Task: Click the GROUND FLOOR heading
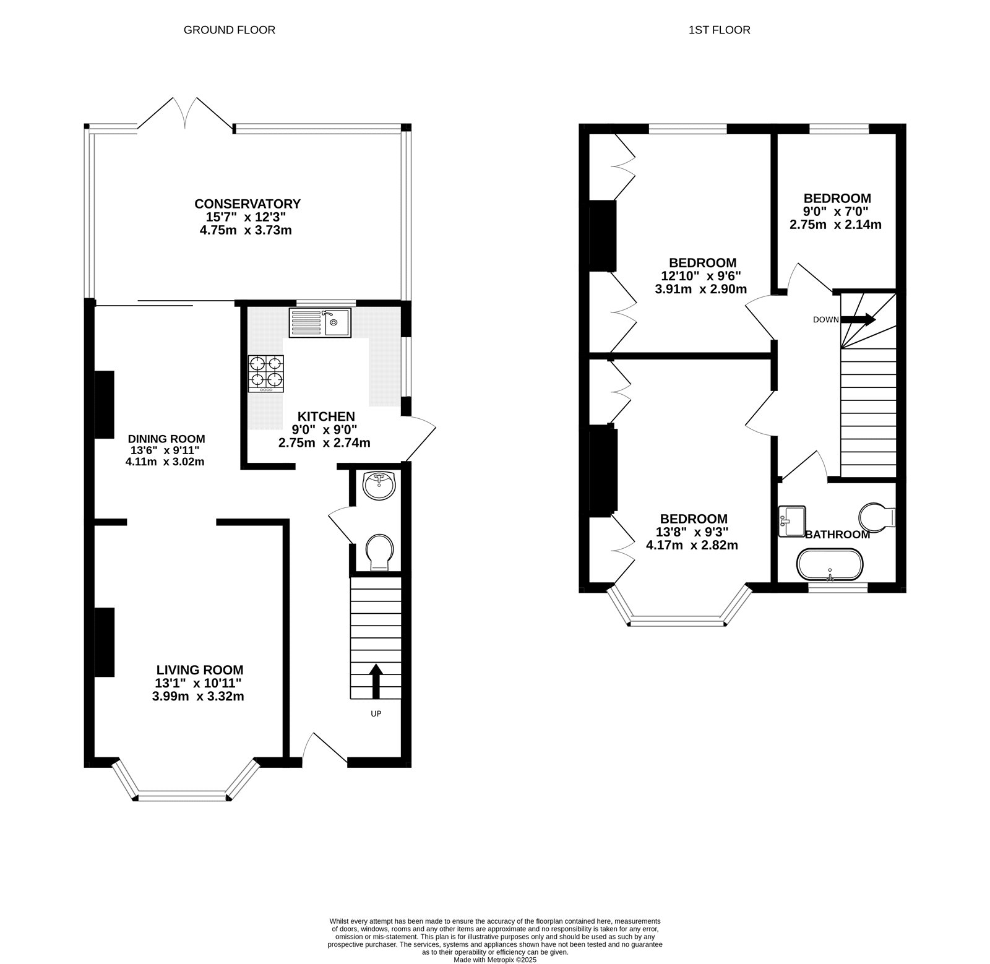click(x=229, y=30)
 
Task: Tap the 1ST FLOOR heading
click(x=719, y=30)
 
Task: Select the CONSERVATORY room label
click(x=247, y=204)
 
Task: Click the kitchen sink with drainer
click(x=319, y=322)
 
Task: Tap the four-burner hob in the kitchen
click(x=266, y=373)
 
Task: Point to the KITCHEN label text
click(x=326, y=416)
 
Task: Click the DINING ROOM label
click(x=166, y=439)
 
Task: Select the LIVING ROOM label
click(x=199, y=669)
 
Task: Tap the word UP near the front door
click(x=376, y=713)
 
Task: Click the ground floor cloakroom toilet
click(x=379, y=552)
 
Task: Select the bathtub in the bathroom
click(x=829, y=564)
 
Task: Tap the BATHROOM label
click(x=837, y=535)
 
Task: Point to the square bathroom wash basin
click(x=791, y=520)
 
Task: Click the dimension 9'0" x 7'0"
click(x=836, y=212)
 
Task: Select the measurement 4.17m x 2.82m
click(x=692, y=545)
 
